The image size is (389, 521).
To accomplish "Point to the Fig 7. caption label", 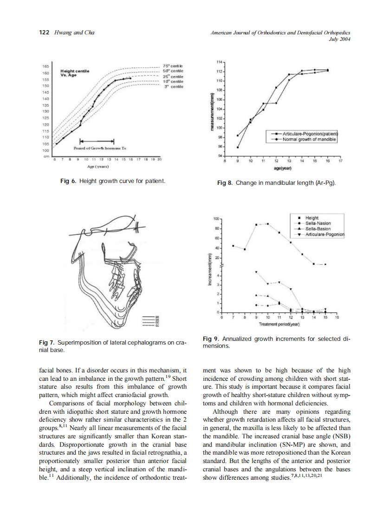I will [47, 343].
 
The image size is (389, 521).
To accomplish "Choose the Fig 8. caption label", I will [225, 183].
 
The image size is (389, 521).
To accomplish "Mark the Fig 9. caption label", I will [211, 339].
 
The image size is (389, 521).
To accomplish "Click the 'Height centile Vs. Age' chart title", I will [75, 73].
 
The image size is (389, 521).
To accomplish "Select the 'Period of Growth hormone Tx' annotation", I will [97, 148].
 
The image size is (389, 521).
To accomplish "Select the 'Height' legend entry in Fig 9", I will [311, 218].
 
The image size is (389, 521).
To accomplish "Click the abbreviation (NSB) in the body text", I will [340, 437].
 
